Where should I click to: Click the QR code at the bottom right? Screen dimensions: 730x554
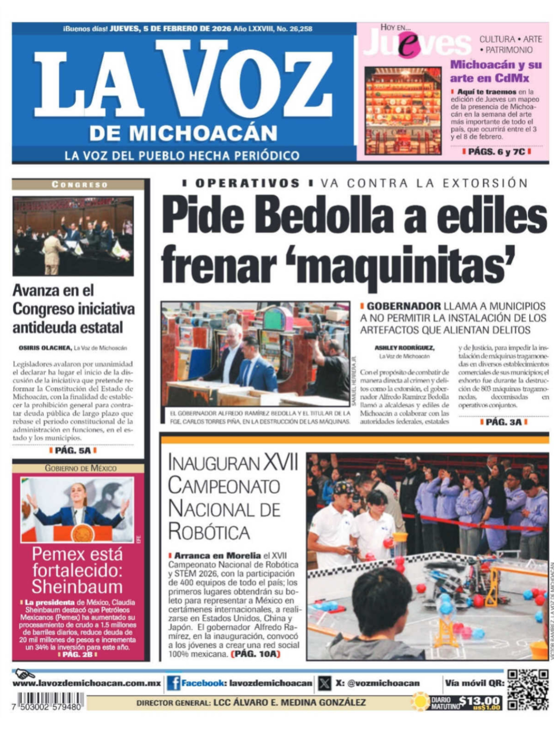pos(528,689)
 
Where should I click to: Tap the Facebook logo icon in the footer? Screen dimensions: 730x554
pos(173,683)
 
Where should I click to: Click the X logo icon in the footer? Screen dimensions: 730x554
pos(325,683)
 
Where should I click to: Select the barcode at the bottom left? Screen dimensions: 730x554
pos(50,701)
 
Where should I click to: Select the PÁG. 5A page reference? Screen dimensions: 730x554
pos(73,450)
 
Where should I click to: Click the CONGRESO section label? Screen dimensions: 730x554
pos(79,184)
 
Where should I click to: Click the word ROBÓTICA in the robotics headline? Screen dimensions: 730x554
pos(209,532)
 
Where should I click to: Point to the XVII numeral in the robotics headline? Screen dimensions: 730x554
pos(281,463)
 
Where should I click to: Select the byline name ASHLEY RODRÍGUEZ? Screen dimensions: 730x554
pos(404,348)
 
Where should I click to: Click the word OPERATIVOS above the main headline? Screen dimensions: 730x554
pos(247,183)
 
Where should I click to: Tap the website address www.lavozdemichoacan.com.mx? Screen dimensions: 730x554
pos(87,683)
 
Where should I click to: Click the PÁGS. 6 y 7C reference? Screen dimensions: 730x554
pos(496,152)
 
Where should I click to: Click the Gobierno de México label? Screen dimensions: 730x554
pos(81,468)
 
